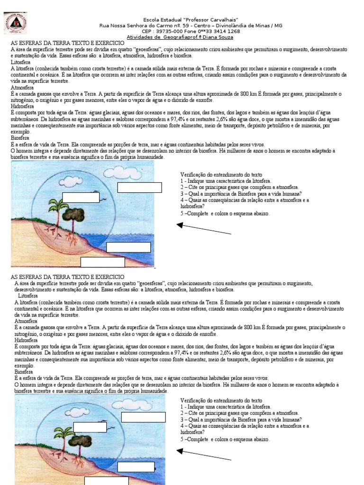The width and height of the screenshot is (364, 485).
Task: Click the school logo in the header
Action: [15, 23]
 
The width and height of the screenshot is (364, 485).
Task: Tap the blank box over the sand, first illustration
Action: [102, 262]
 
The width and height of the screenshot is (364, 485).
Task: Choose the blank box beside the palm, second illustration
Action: [90, 427]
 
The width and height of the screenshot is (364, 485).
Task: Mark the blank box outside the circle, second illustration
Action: [143, 417]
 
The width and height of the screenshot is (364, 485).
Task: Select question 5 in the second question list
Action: [225, 440]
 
